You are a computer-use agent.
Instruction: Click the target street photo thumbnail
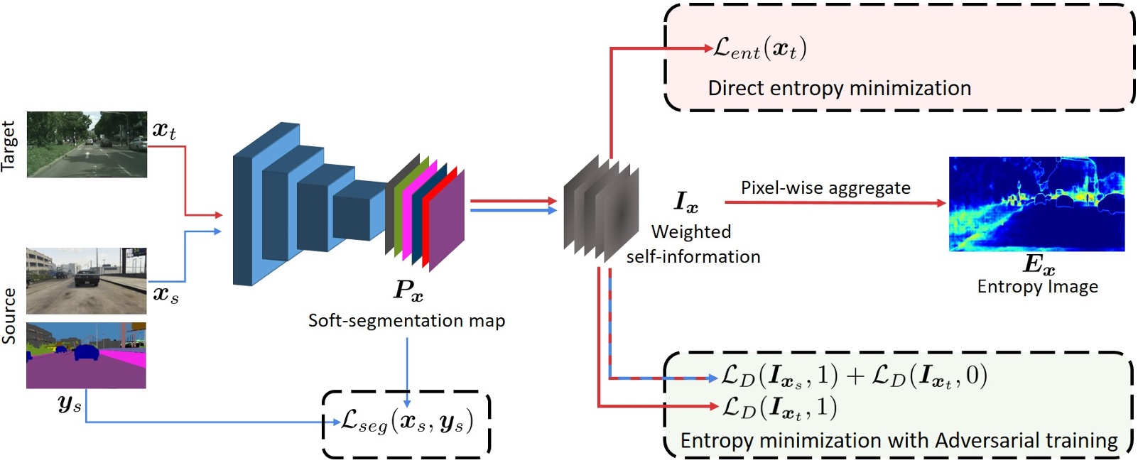pos(87,144)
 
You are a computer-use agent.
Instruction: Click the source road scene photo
pos(86,281)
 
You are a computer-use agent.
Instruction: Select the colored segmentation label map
pos(86,355)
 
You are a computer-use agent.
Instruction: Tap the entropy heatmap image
pos(1036,204)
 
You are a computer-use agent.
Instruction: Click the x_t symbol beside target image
pos(164,130)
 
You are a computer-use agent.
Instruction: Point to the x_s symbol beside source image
pos(166,293)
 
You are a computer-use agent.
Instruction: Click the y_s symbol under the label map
pos(70,404)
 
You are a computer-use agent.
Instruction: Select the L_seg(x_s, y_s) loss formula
pos(406,422)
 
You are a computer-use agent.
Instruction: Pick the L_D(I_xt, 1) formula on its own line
pos(779,407)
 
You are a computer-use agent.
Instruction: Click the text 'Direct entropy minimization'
pos(839,88)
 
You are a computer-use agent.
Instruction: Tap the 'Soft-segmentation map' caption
pos(406,320)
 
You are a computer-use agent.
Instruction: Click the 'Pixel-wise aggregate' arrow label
pos(825,187)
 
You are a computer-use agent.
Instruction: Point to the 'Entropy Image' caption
pos(1037,287)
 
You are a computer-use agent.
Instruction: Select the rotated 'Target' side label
pos(9,146)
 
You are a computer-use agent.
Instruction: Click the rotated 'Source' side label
pos(9,316)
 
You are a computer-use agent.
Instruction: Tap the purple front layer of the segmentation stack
pos(446,220)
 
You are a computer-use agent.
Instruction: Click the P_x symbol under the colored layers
pos(408,290)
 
